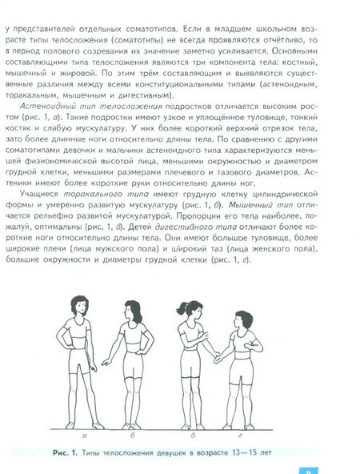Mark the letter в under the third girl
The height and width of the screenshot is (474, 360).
point(193,414)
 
